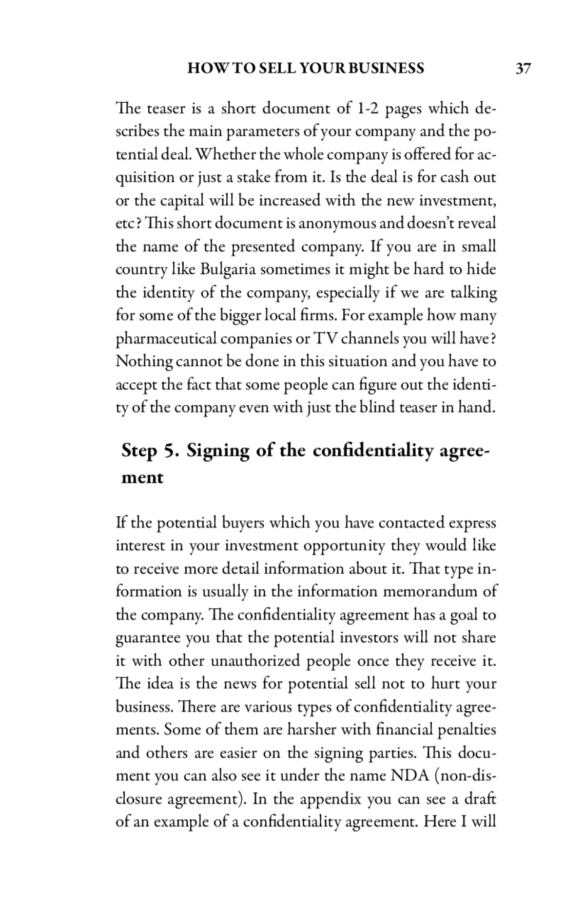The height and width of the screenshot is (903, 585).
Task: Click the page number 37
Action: tap(523, 69)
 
